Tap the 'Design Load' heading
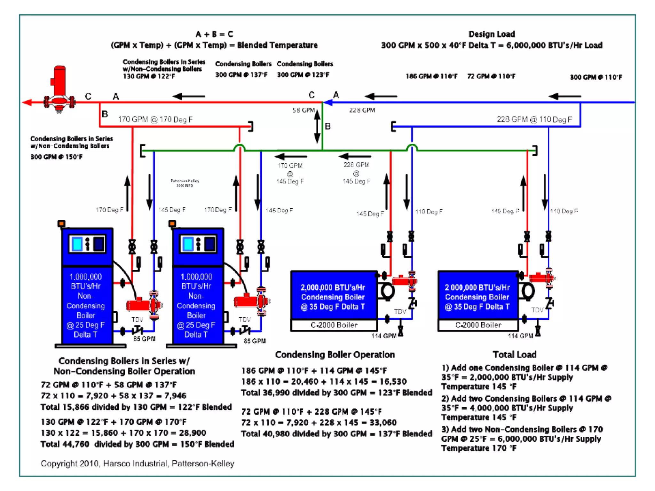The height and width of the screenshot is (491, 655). coord(492,34)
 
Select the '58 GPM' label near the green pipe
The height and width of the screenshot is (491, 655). coord(304,110)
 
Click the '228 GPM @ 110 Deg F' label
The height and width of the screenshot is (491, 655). coord(534,119)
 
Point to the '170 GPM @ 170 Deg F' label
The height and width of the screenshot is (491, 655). coord(155,119)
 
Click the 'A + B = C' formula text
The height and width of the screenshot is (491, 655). coord(214,34)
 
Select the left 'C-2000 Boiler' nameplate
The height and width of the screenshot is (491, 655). coord(334,325)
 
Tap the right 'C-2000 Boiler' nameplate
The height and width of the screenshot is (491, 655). coord(478,325)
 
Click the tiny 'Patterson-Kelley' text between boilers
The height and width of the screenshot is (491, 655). coord(185,183)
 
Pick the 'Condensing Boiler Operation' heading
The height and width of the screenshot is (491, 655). coord(335,355)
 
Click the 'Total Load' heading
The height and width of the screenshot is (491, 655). coord(514,355)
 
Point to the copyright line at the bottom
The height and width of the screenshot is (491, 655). coord(138,464)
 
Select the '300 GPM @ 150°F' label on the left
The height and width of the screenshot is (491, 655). coord(56,157)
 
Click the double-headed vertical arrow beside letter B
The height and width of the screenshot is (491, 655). coord(317,126)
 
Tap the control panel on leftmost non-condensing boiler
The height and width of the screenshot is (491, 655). coord(87,244)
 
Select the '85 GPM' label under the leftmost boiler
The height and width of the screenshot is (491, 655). coord(144,339)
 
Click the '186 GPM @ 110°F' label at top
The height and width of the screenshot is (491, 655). coord(431,76)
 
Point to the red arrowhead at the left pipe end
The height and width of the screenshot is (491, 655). coord(27,102)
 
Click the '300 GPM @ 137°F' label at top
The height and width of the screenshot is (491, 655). coord(241,75)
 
